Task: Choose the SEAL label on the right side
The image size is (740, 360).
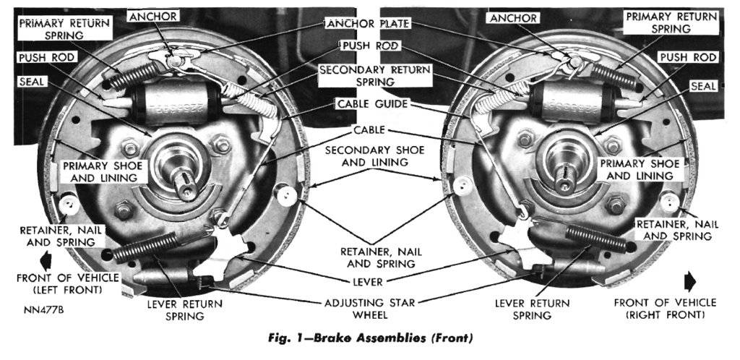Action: tap(702, 85)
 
